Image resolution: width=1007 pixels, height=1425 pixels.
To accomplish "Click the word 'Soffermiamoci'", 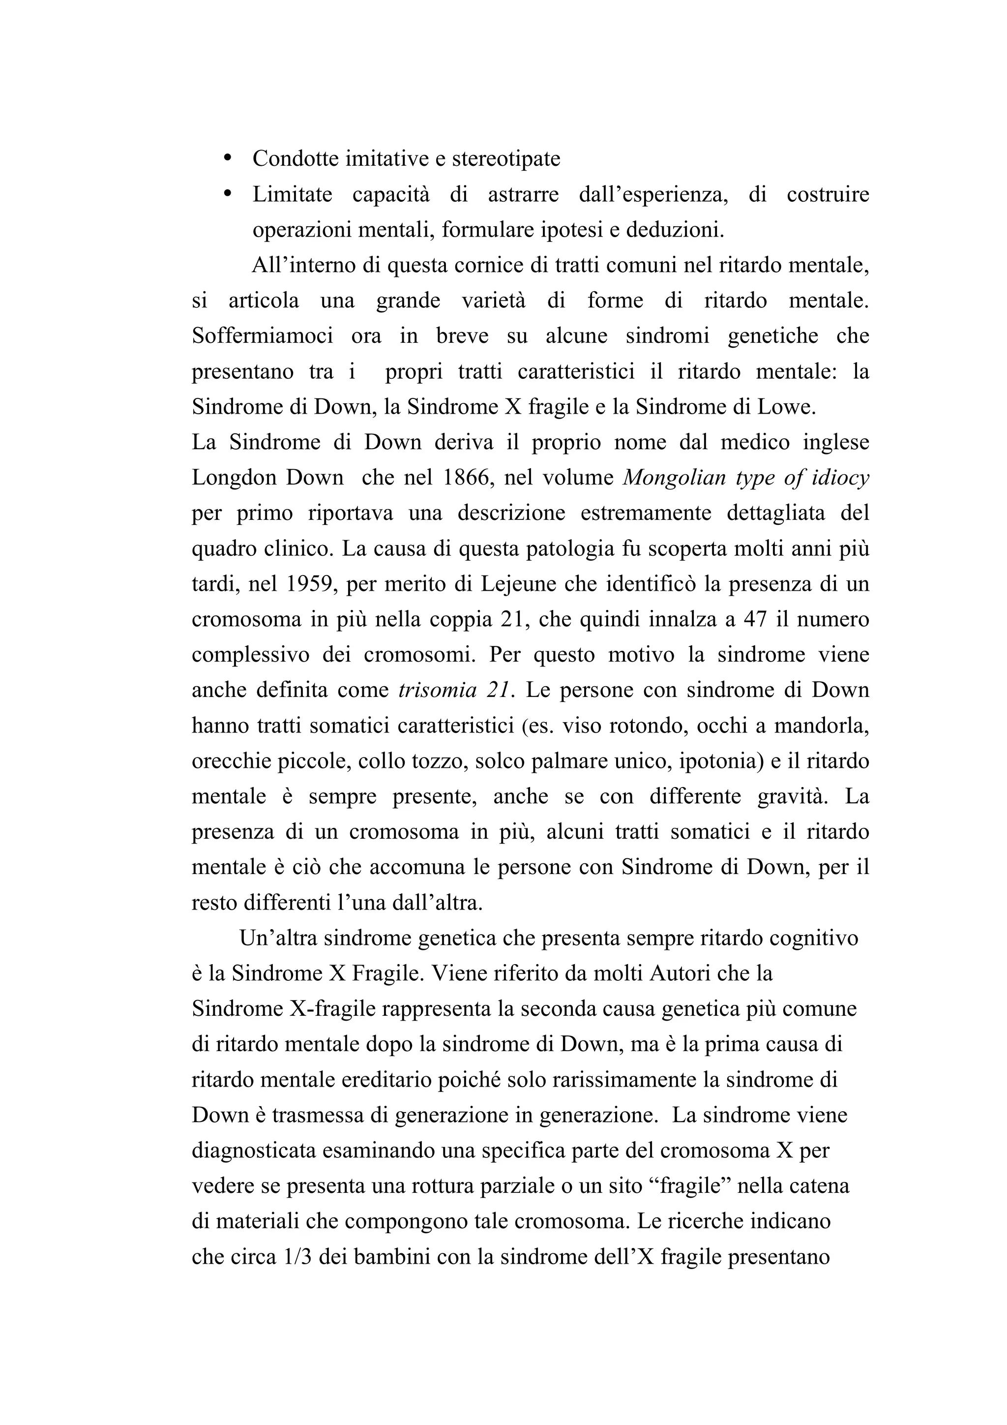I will tap(263, 336).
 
